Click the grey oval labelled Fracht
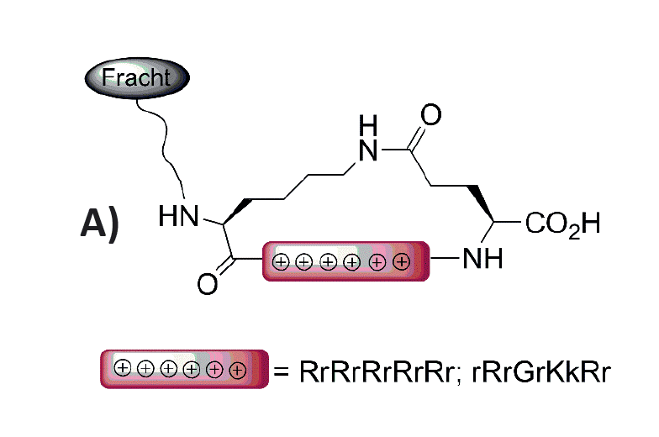point(137,78)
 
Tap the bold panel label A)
point(100,224)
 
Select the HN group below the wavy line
point(178,217)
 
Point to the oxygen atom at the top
point(430,114)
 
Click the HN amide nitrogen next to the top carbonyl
point(368,138)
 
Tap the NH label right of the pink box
point(482,258)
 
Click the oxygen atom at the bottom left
point(208,284)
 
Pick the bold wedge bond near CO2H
point(481,203)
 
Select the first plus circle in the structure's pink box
point(281,262)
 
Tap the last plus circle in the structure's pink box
point(402,262)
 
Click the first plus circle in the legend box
point(123,368)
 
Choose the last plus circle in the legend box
point(237,370)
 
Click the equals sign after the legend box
point(281,372)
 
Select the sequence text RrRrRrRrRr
point(377,371)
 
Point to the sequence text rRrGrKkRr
point(540,371)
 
